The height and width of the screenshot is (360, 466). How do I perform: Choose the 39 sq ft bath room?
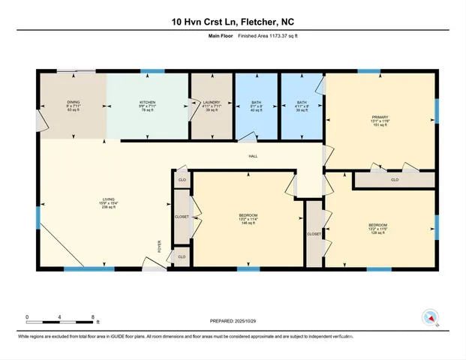tap(301, 106)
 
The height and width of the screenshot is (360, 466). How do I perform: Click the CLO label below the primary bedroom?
tap(395, 180)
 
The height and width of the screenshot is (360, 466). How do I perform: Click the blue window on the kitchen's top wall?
tap(152, 71)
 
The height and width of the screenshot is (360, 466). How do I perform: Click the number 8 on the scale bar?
tap(92, 316)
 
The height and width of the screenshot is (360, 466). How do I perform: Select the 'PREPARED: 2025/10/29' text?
tap(233, 321)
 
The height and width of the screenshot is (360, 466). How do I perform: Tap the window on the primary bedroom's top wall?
tap(368, 71)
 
